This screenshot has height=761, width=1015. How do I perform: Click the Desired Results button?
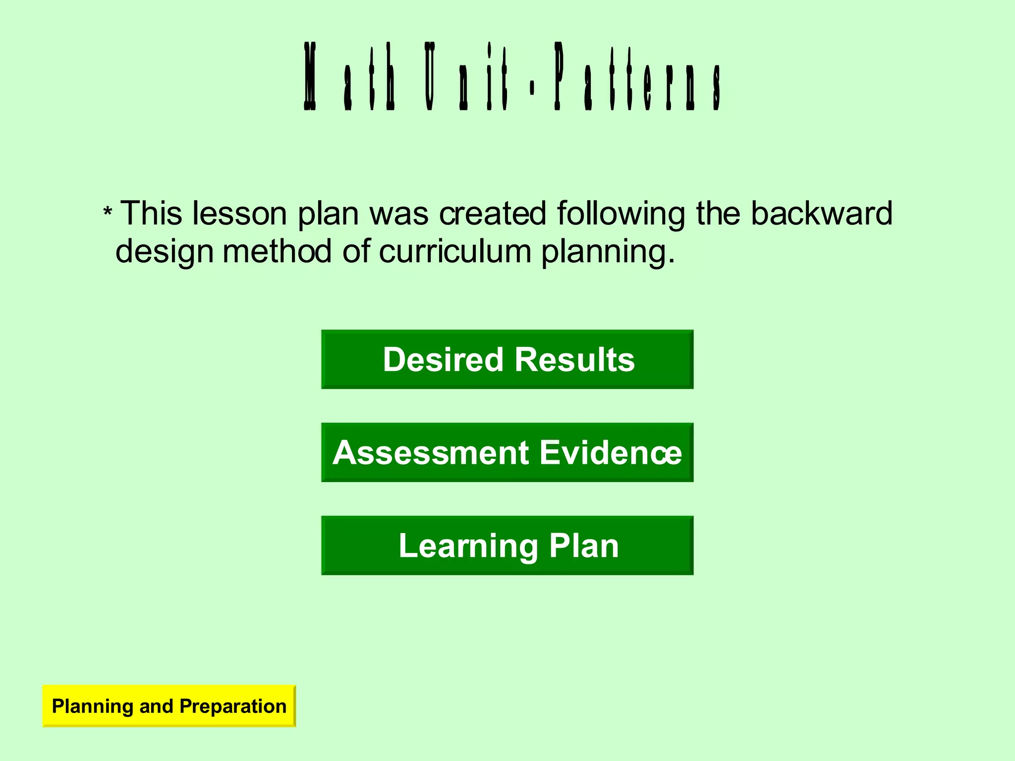[507, 359]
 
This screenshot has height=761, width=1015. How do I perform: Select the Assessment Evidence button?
[507, 452]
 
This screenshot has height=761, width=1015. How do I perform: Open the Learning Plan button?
[507, 545]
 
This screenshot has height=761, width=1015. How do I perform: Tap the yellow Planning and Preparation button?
[169, 706]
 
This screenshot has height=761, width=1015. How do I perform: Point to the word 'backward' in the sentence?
[821, 214]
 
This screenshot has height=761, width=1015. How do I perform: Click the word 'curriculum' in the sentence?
[455, 252]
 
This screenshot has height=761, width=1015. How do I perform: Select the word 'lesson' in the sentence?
[239, 214]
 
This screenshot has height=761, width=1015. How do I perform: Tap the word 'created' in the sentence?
[493, 214]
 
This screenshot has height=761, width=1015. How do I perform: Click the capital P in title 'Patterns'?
[559, 77]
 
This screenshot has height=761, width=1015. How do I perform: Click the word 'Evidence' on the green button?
[611, 452]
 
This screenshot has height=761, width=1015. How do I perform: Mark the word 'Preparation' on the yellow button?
[233, 706]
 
